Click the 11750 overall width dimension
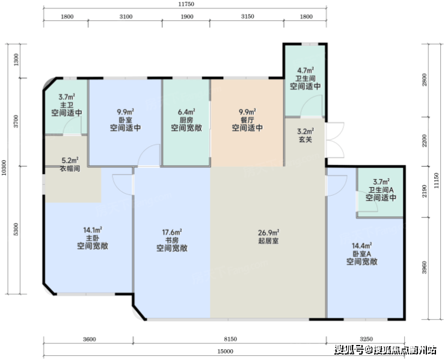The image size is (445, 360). (x=186, y=4)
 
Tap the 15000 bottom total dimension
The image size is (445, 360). (x=226, y=351)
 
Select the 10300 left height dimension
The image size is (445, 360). (x=4, y=167)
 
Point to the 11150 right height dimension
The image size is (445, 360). (x=437, y=181)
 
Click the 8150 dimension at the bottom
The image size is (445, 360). (x=230, y=339)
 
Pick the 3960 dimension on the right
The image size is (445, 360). (x=425, y=267)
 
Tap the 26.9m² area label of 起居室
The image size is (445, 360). (x=268, y=233)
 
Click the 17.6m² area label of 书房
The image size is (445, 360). (x=172, y=232)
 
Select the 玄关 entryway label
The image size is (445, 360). (x=305, y=140)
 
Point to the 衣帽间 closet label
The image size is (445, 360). (x=70, y=169)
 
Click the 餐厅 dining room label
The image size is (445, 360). (x=247, y=120)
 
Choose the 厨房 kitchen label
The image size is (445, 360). (x=186, y=120)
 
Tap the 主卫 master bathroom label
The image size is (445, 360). (x=67, y=105)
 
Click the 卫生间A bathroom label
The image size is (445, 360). (x=381, y=190)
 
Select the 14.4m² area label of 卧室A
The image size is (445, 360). (x=362, y=246)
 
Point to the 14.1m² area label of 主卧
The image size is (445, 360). (x=93, y=230)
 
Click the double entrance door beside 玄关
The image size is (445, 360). (x=335, y=140)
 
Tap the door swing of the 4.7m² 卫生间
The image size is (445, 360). (x=311, y=106)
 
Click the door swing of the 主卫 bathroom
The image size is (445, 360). (x=72, y=125)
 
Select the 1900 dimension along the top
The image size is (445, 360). (x=187, y=17)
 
